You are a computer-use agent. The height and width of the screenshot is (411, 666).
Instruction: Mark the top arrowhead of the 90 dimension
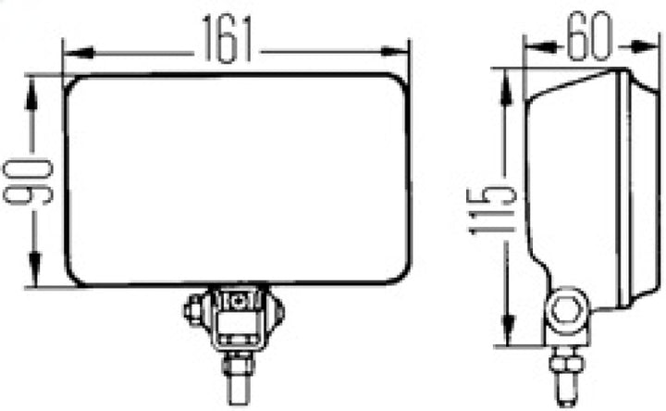34,85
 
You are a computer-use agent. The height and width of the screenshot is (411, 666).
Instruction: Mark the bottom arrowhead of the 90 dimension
34,279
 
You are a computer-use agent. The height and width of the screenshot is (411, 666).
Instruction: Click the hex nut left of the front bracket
195,307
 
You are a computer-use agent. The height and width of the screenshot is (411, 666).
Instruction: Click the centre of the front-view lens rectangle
238,181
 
